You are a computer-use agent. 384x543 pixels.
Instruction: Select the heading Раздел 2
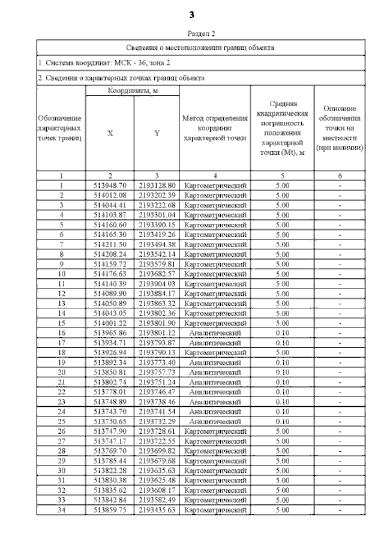click(x=200, y=34)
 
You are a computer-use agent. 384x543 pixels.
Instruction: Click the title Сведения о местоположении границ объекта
click(x=200, y=47)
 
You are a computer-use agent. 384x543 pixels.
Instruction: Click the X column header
click(x=110, y=133)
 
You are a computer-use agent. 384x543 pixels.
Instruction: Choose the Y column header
click(x=156, y=133)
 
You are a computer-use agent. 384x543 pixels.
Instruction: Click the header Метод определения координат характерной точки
click(x=215, y=128)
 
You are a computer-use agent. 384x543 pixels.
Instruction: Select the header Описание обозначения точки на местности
click(x=340, y=128)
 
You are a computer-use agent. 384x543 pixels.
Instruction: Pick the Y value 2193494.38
click(x=156, y=244)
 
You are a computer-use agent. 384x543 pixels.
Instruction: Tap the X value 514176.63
click(x=110, y=274)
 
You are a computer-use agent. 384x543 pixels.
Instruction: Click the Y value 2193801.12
click(x=156, y=332)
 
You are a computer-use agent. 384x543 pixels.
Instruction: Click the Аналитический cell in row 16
click(x=215, y=332)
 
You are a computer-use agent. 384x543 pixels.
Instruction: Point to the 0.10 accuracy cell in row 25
click(x=282, y=421)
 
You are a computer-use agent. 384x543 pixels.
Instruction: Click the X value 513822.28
click(x=110, y=470)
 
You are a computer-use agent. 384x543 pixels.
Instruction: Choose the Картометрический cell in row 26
click(x=215, y=431)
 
